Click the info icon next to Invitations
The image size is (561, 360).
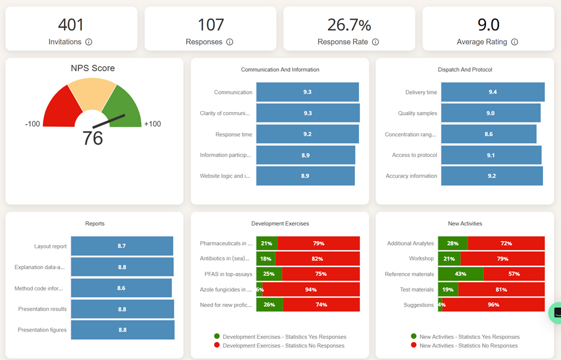89,42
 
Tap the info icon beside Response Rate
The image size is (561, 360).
375,42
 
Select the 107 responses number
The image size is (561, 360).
211,25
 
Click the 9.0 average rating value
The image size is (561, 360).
488,25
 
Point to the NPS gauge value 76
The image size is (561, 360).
92,138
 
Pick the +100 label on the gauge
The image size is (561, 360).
152,124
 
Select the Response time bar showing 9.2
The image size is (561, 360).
307,134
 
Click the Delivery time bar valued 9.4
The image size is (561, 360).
493,92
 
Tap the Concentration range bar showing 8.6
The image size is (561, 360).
488,134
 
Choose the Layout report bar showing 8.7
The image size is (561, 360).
122,246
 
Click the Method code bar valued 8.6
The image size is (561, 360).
121,288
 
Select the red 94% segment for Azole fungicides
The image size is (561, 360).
312,289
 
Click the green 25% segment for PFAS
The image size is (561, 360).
269,274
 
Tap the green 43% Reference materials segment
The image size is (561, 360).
461,274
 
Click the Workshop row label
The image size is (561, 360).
421,259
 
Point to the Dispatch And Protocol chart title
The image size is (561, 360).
465,70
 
